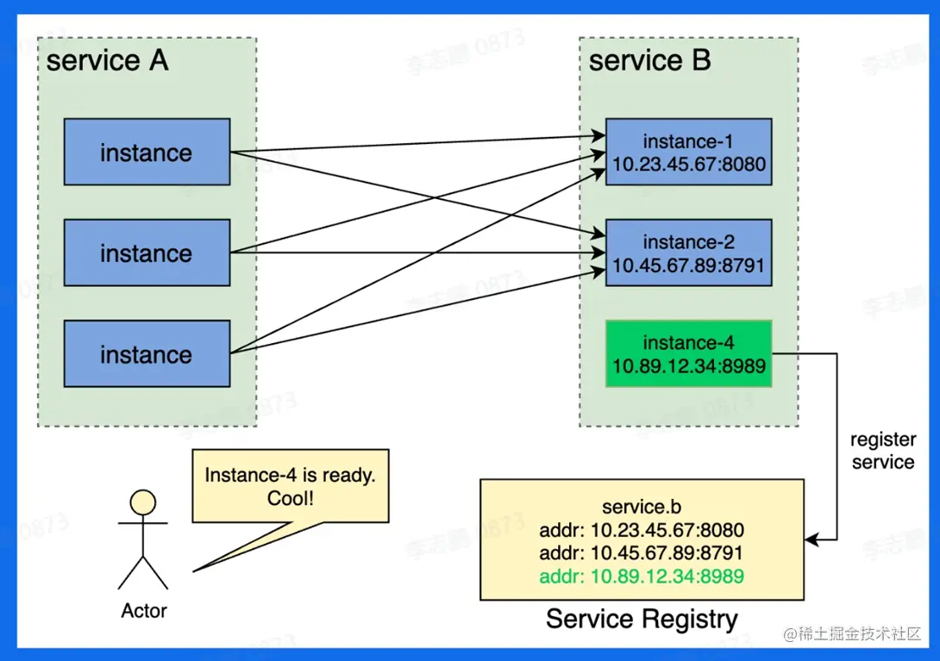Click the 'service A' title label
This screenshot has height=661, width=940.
(107, 61)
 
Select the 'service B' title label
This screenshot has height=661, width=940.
(649, 61)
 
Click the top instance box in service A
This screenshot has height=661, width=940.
(147, 153)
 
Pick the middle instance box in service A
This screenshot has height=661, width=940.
(147, 253)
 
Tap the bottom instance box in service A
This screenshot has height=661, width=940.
(147, 354)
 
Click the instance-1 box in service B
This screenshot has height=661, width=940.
(688, 153)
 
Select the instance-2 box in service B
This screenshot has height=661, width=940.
(688, 253)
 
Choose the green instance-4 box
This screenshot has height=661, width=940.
(688, 354)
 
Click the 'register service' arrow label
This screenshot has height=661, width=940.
(882, 451)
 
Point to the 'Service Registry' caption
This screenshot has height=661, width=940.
(642, 619)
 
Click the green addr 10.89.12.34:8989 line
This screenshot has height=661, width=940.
(642, 577)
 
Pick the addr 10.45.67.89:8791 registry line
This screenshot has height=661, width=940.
(642, 553)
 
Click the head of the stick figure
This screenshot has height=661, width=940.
(142, 502)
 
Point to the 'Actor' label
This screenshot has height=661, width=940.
(144, 611)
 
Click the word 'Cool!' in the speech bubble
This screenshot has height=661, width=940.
(291, 498)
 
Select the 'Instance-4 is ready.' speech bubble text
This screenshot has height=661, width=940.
(291, 475)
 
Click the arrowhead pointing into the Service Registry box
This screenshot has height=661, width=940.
(811, 539)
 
